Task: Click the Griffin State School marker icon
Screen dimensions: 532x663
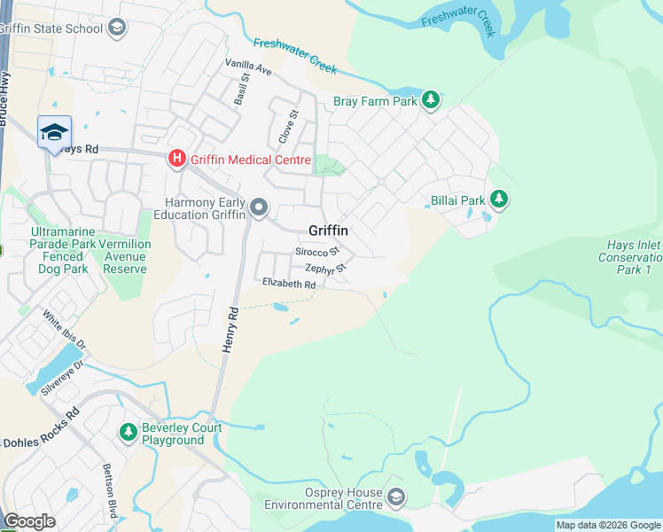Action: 116,27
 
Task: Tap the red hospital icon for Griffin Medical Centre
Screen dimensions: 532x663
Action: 176,160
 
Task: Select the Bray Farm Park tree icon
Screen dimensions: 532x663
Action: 431,100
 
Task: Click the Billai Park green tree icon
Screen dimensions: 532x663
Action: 499,200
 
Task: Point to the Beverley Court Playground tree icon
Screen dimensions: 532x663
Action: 128,433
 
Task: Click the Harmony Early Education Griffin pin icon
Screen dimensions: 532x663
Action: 259,207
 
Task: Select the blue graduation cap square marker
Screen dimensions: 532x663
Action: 54,132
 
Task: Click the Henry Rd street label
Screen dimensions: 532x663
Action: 230,331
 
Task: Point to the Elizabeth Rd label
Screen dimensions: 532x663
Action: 289,284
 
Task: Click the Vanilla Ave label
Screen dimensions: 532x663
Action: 249,67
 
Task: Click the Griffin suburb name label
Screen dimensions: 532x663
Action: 328,231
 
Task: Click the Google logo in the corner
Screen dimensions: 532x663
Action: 30,521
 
